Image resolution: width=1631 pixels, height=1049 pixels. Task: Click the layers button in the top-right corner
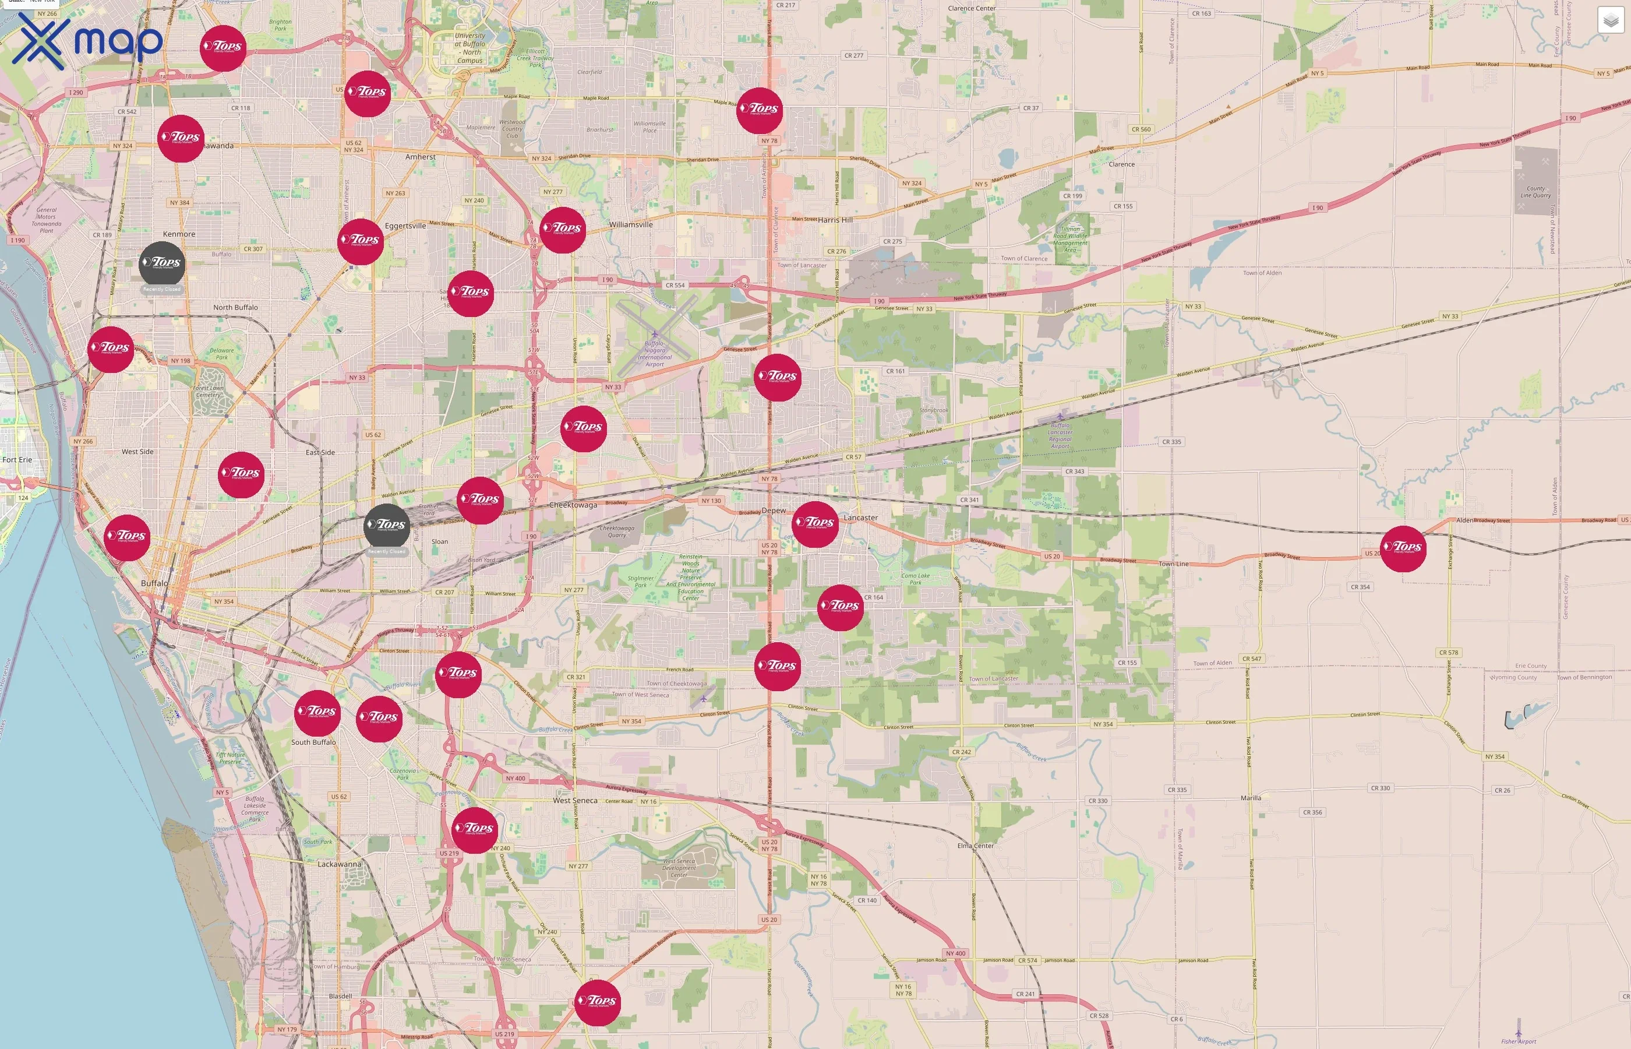[1610, 20]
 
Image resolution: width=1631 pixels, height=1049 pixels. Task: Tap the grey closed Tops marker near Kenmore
[161, 263]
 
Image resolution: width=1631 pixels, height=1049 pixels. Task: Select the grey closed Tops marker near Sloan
[387, 526]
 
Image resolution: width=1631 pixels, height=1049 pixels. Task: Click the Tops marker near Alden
[1403, 548]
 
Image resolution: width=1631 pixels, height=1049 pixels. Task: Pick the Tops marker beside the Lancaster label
[815, 524]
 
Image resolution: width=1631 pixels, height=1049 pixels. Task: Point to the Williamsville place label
[630, 225]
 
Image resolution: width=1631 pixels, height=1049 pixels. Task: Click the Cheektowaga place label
[573, 505]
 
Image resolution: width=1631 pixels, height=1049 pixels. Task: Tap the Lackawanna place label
[339, 864]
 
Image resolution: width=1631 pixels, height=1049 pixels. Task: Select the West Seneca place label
[574, 800]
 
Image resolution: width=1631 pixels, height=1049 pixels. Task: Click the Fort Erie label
[17, 460]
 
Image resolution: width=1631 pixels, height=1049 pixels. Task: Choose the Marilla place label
[1251, 798]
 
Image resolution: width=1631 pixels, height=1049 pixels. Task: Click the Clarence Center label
[972, 8]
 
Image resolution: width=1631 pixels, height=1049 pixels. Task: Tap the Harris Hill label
[835, 220]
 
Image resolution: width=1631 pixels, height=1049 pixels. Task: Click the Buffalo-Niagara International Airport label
[654, 354]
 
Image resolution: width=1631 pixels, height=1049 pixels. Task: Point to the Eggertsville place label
[405, 226]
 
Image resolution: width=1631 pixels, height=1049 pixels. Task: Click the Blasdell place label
[340, 996]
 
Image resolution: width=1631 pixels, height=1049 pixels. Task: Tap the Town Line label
[1174, 564]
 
